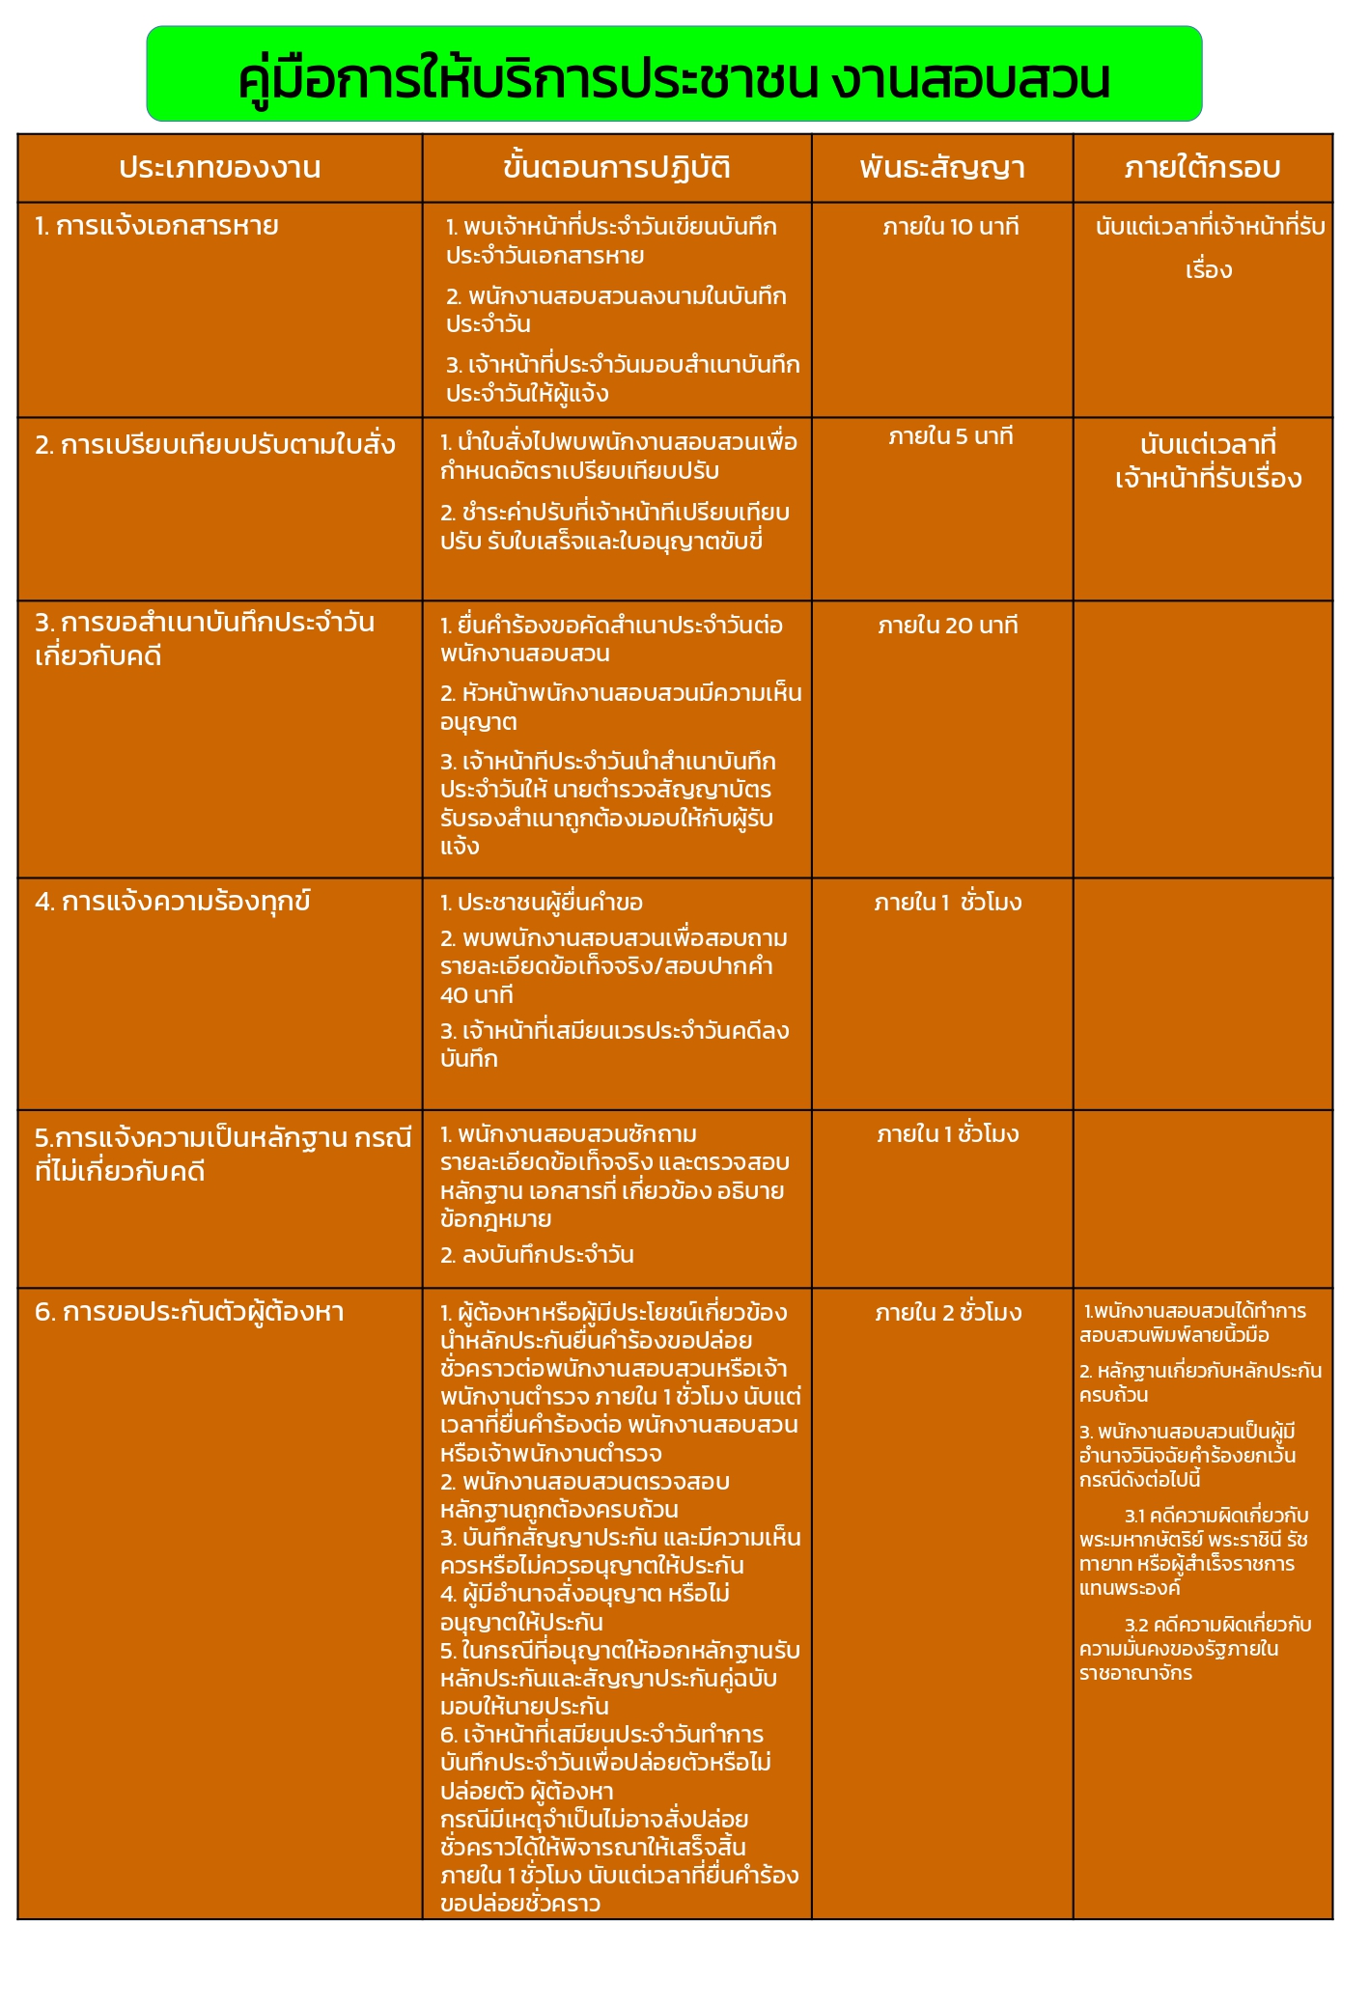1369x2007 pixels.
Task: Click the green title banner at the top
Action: pyautogui.click(x=674, y=74)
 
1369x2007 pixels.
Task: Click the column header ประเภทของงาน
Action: pyautogui.click(x=219, y=168)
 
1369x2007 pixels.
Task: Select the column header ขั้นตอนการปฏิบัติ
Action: pyautogui.click(x=616, y=168)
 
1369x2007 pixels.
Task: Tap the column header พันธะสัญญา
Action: pyautogui.click(x=941, y=168)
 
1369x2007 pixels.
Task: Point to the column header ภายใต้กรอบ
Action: pyautogui.click(x=1202, y=168)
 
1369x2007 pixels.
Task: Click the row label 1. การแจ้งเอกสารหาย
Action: pyautogui.click(x=156, y=226)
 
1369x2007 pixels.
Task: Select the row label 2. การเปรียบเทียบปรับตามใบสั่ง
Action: pyautogui.click(x=214, y=445)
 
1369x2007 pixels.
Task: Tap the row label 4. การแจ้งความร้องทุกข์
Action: pyautogui.click(x=172, y=902)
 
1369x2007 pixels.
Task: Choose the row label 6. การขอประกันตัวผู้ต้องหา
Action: pyautogui.click(x=189, y=1312)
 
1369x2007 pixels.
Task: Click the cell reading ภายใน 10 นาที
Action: pyautogui.click(x=950, y=228)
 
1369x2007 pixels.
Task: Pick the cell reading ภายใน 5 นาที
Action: pyautogui.click(x=950, y=437)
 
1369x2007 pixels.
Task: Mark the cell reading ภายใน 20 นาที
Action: pyautogui.click(x=947, y=626)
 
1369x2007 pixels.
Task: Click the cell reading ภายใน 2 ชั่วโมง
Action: pyautogui.click(x=948, y=1313)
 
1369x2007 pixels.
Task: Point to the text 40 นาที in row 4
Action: pyautogui.click(x=477, y=995)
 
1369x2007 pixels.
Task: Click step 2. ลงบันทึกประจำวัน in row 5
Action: pyautogui.click(x=537, y=1255)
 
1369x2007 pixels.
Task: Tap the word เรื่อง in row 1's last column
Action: pyautogui.click(x=1209, y=270)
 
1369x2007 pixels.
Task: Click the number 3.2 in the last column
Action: pyautogui.click(x=1136, y=1625)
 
